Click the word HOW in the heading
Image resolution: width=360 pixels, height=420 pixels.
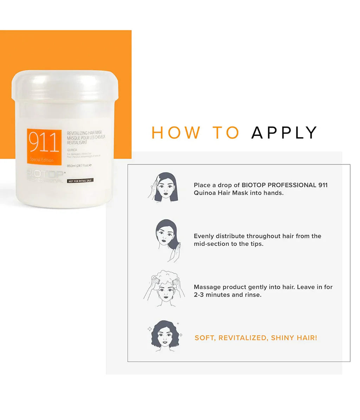(175, 133)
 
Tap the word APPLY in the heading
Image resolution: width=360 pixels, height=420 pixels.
(284, 133)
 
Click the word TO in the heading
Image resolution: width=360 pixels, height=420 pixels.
(226, 133)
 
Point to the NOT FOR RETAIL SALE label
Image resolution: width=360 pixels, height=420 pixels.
(80, 180)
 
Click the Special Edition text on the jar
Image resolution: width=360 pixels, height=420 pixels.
(41, 160)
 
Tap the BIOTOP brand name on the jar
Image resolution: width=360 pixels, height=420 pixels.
(45, 174)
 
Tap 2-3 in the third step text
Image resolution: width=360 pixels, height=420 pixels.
(199, 295)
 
